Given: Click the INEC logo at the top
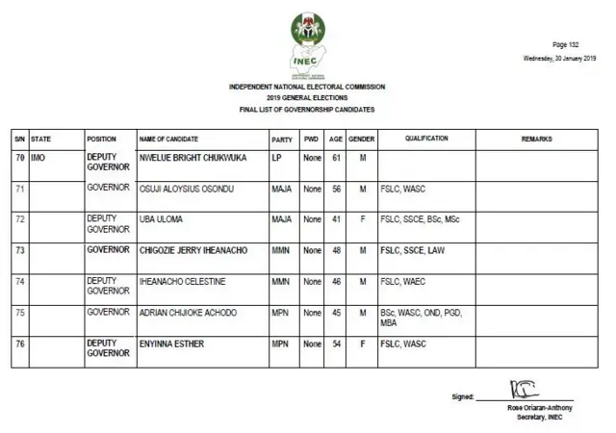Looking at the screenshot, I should [x=307, y=44].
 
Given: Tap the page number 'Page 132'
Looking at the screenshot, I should [x=565, y=45].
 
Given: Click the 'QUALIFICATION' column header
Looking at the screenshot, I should [x=426, y=140].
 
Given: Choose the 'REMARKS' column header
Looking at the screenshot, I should [x=536, y=140].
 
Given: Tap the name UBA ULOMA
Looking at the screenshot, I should [x=160, y=219].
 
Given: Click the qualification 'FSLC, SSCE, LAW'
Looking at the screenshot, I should [x=412, y=250].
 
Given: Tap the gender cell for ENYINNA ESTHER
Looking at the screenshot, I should [x=362, y=344].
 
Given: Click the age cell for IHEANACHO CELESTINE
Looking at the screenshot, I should [x=336, y=282].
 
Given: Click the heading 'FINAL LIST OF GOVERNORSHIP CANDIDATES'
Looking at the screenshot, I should [x=307, y=110].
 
